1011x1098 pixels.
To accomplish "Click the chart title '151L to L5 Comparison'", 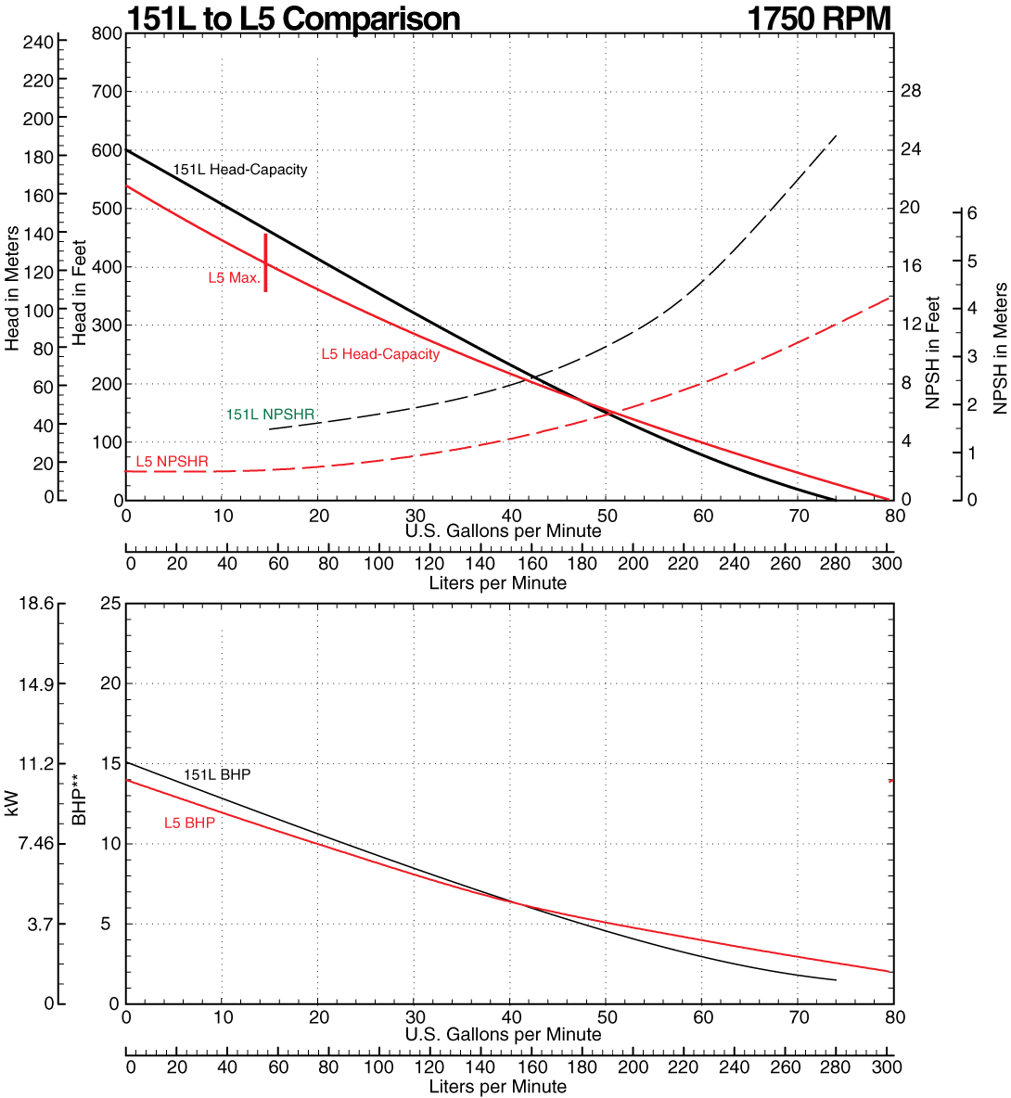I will [x=293, y=19].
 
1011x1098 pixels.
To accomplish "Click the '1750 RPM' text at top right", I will [x=818, y=19].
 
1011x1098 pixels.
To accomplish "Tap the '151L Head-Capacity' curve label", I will [x=239, y=170].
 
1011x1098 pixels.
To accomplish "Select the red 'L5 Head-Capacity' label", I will [x=380, y=353].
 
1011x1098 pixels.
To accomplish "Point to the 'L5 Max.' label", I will [x=234, y=277].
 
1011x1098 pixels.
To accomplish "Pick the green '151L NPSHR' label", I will [x=270, y=415].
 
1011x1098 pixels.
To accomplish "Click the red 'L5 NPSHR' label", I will [x=172, y=461].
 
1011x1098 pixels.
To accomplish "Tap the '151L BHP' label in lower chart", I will [x=217, y=774].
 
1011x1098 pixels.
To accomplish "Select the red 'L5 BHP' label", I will [x=189, y=823].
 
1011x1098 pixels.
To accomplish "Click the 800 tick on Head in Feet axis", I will [x=108, y=33].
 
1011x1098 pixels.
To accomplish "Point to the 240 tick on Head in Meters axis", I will [x=39, y=42].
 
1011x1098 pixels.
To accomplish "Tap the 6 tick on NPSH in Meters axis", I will [x=972, y=212].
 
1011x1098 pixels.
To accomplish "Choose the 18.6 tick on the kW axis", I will [x=36, y=604].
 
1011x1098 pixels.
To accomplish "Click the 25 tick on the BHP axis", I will [x=110, y=604].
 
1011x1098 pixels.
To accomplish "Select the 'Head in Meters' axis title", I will [x=12, y=289].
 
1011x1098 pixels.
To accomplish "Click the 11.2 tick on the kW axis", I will [x=36, y=763].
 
